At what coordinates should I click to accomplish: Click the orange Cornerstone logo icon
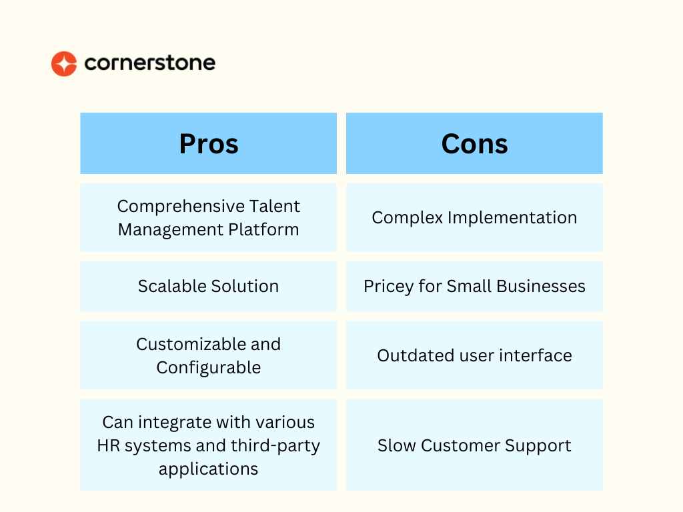coord(64,63)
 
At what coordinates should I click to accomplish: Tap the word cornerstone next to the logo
coord(150,63)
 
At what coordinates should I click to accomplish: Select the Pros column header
coord(209,143)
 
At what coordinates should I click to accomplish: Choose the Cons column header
coord(474,143)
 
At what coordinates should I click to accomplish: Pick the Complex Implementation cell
coord(474,218)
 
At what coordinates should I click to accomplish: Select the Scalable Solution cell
coord(209,287)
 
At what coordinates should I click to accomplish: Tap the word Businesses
coord(540,286)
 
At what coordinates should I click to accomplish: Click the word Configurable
coord(209,368)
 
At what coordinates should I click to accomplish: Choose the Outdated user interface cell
coord(474,355)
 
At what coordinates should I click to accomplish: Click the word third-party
coord(275,446)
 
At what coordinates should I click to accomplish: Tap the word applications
coord(208,469)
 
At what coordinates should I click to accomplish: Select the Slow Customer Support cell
coord(474,445)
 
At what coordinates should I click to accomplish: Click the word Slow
coord(396,445)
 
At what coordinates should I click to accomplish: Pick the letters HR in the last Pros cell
coord(109,446)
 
